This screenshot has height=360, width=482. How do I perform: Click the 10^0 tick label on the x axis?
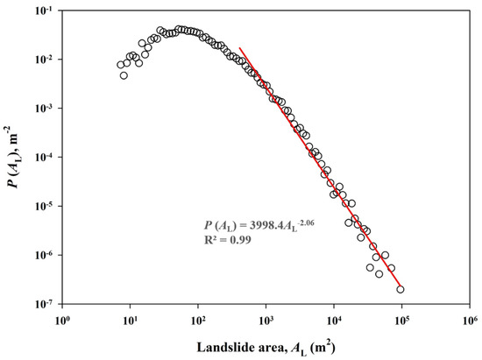[62, 319]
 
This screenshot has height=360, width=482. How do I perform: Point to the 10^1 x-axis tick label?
[130, 319]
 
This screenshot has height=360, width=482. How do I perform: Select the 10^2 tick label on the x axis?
[198, 319]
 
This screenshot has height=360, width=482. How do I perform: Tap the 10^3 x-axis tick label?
[266, 319]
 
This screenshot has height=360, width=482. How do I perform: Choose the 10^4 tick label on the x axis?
[333, 319]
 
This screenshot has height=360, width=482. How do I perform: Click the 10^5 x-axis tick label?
[401, 319]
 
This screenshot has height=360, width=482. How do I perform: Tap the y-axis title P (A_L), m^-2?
[11, 158]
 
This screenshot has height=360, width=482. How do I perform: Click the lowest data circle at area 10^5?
[400, 289]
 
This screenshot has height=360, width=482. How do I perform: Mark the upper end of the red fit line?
[240, 47]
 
